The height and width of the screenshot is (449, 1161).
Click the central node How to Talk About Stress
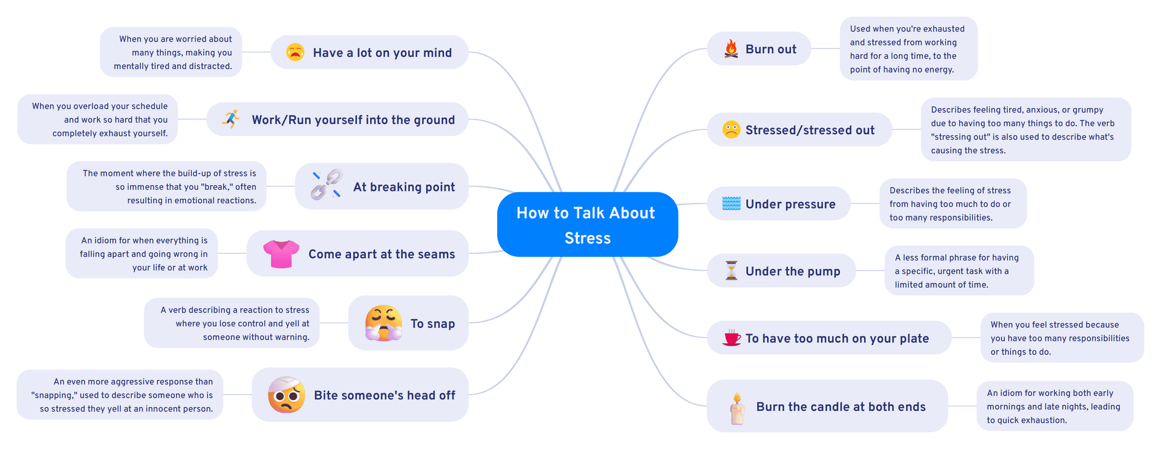(x=587, y=225)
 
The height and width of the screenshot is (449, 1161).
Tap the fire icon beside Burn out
(x=731, y=49)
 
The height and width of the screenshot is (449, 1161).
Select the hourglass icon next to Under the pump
(x=731, y=271)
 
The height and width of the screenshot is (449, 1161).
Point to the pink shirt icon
(x=281, y=254)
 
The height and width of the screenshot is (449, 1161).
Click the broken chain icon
(x=326, y=185)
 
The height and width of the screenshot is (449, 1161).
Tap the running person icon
(x=230, y=119)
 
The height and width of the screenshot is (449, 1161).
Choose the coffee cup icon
(x=732, y=338)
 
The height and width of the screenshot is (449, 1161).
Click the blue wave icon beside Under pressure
(x=731, y=204)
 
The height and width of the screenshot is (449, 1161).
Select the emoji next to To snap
(x=383, y=323)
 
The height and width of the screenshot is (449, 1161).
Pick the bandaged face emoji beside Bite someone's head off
(x=286, y=395)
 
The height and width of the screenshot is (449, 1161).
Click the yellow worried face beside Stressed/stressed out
(x=731, y=129)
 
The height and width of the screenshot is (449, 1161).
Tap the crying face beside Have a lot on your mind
(x=295, y=52)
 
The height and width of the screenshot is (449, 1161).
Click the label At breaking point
(x=404, y=187)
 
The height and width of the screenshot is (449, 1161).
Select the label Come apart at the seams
(x=382, y=254)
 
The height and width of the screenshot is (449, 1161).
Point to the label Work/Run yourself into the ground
(x=353, y=120)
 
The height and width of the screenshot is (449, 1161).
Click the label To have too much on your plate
(x=837, y=338)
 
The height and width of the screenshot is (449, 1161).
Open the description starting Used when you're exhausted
(x=908, y=49)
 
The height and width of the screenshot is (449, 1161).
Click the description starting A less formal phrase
(x=958, y=271)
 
